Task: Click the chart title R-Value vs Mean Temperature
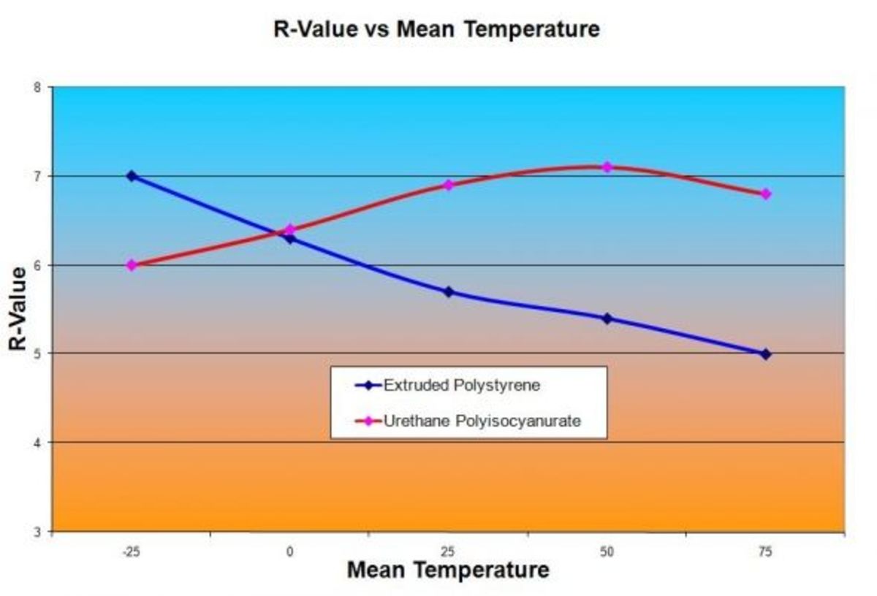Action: click(x=436, y=29)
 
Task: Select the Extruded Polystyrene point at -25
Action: click(x=132, y=176)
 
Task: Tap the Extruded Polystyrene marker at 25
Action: click(x=449, y=292)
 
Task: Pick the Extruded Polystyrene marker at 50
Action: click(x=607, y=318)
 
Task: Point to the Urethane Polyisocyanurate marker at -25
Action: click(x=132, y=265)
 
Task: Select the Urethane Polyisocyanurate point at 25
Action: click(x=449, y=185)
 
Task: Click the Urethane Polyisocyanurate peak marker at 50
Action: click(x=607, y=167)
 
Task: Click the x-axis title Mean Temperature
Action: click(x=447, y=570)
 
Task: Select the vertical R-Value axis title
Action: click(x=20, y=309)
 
